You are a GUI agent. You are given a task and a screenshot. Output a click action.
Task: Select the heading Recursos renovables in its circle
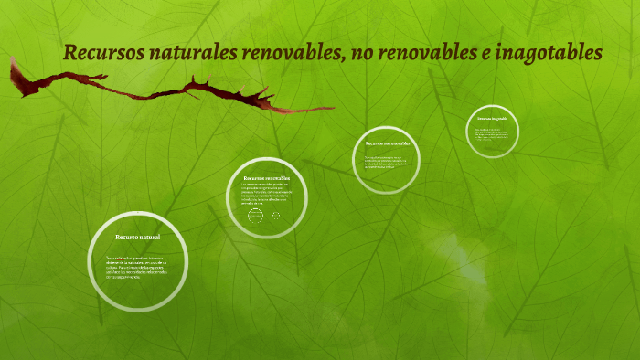click(x=266, y=177)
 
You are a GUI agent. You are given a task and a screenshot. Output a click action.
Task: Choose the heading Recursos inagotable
click(x=492, y=119)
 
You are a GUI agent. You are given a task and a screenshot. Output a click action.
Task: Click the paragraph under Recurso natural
click(x=138, y=266)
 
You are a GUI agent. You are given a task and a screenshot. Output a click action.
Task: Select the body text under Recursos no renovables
click(x=387, y=162)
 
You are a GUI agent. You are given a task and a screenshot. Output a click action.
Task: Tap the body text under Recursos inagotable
click(x=492, y=134)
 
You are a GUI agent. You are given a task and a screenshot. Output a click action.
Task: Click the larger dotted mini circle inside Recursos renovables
click(x=255, y=217)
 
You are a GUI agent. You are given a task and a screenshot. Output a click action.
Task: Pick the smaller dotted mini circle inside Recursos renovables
click(x=276, y=216)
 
